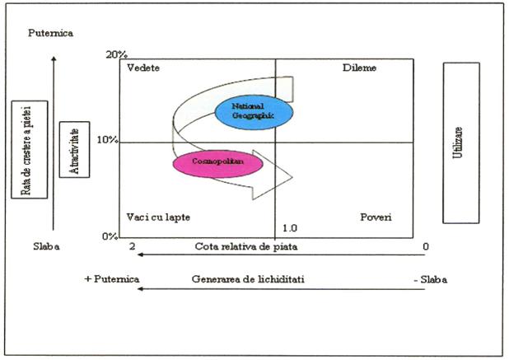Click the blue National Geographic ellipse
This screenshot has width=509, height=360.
254,112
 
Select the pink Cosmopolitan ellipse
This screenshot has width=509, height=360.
217,164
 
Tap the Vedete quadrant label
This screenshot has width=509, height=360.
143,68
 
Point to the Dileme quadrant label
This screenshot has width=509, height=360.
359,68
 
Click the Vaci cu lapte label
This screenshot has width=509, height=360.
158,217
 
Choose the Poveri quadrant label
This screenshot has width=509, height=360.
376,217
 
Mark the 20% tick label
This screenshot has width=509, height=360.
116,55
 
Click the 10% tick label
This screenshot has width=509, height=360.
107,140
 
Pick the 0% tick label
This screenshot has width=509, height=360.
110,236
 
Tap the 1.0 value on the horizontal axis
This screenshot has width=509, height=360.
290,228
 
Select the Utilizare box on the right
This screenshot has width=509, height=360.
461,143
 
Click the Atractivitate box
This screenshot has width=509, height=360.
74,149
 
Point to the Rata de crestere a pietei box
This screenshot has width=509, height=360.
30,149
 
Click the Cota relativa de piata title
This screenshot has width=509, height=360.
246,246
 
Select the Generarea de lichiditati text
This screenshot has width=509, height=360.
248,279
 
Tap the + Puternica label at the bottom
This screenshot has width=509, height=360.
112,279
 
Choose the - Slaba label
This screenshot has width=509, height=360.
431,279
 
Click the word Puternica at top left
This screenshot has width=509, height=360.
50,33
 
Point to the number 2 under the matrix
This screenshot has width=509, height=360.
132,246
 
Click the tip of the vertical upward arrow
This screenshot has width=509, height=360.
54,57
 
